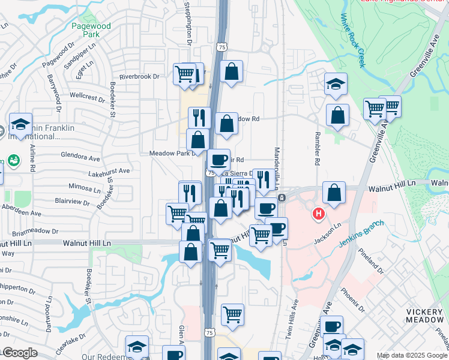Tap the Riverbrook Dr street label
tap(139, 76)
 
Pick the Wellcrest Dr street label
tap(87, 96)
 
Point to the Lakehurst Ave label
tap(109, 171)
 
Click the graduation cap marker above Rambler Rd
tap(336, 85)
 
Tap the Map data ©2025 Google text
tap(412, 355)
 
